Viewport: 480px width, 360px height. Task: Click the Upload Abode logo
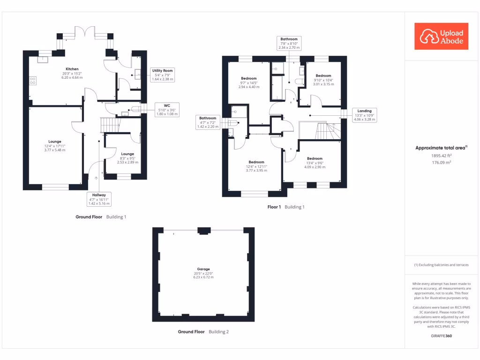[441, 36]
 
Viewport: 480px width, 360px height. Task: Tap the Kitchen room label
[72, 73]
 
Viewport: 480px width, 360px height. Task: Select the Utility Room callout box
[163, 75]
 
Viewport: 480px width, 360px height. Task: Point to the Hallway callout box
[99, 199]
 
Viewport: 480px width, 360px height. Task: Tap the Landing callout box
[364, 115]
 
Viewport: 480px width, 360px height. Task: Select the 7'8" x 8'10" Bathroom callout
[289, 43]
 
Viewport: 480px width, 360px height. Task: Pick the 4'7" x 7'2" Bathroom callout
[208, 122]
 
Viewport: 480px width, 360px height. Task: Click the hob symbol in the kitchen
[33, 81]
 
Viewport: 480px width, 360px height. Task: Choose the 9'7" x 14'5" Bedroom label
[249, 82]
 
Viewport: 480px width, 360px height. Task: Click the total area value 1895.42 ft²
[441, 156]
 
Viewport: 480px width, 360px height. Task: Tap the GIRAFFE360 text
[441, 336]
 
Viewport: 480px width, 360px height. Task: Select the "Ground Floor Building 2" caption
[203, 331]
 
